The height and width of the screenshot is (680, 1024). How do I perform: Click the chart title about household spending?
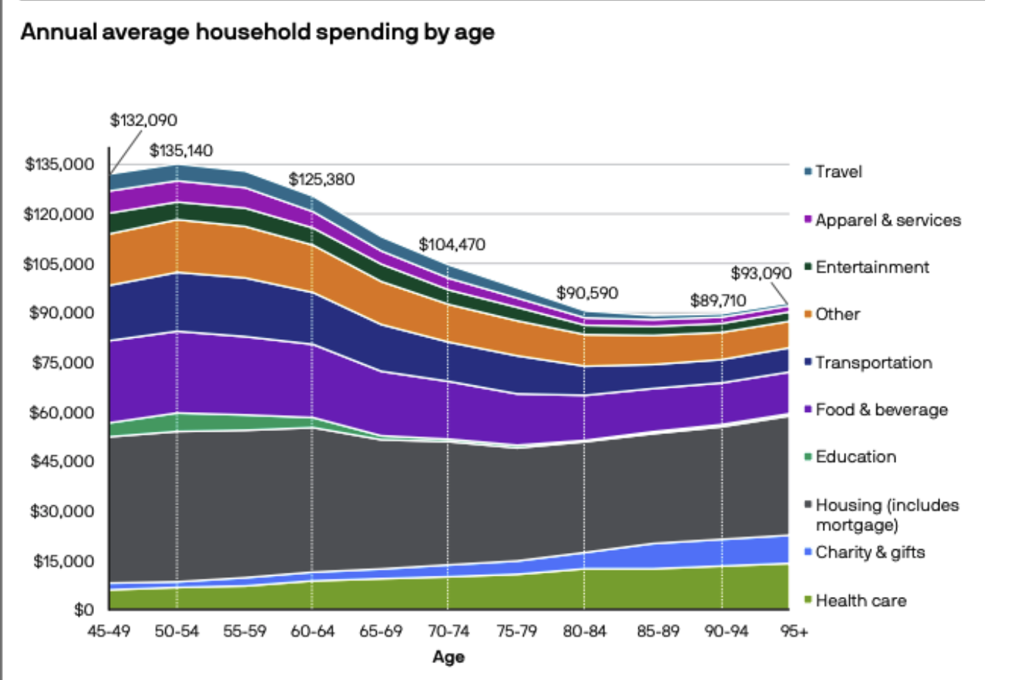pos(257,32)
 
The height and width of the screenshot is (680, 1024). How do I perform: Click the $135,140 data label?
pos(181,151)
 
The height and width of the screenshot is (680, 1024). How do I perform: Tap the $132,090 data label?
pos(143,120)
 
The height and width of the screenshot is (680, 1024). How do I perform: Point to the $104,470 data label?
pos(452,245)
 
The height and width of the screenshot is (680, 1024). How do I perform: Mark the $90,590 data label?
pos(587,293)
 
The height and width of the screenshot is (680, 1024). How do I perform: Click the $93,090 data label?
pos(760,274)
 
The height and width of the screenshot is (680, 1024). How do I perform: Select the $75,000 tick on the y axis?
pos(62,363)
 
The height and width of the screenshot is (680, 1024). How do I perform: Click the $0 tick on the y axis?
pos(84,610)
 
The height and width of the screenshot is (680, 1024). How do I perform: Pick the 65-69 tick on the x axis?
pos(381,632)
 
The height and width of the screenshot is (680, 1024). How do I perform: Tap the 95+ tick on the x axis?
pos(794,632)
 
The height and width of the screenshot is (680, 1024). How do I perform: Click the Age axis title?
pos(448,657)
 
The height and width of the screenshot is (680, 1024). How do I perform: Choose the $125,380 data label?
pos(321,180)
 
